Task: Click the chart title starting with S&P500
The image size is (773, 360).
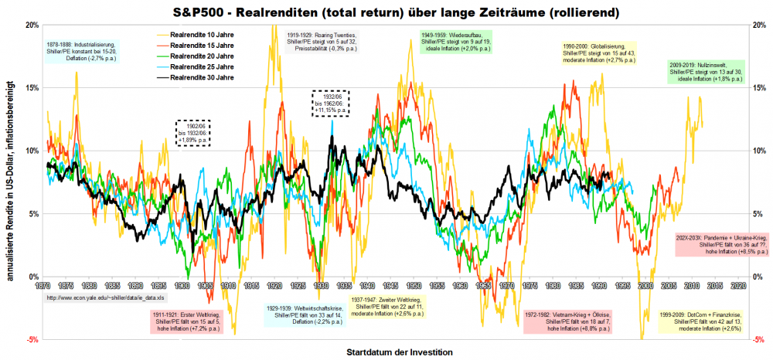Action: click(386, 9)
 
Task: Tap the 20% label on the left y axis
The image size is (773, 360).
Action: click(32, 25)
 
